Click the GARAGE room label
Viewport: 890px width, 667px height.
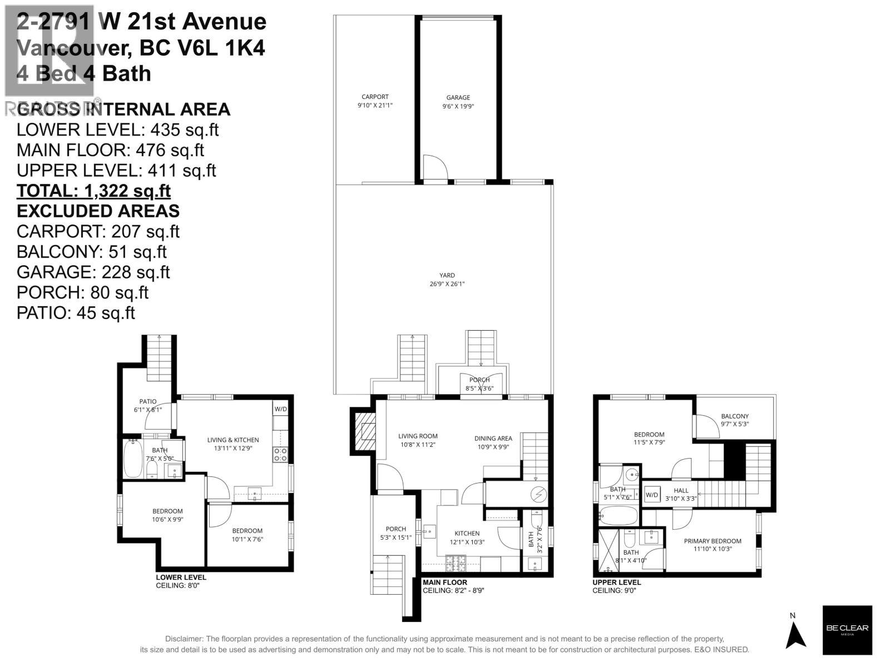(458, 97)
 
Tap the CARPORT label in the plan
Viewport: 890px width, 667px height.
(375, 97)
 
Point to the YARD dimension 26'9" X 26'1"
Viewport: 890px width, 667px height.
(447, 283)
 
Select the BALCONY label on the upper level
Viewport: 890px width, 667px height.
(734, 416)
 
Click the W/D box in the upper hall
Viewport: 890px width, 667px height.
(651, 495)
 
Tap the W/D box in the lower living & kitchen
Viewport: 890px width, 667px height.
(280, 409)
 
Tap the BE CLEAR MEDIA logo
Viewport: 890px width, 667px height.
(847, 630)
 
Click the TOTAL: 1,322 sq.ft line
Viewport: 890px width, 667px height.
(93, 191)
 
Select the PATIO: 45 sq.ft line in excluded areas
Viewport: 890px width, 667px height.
(76, 312)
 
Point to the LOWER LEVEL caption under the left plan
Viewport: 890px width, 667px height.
(181, 578)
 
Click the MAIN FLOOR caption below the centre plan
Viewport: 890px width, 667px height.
(444, 582)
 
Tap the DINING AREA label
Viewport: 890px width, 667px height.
(493, 438)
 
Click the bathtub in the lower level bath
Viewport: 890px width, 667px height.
(132, 459)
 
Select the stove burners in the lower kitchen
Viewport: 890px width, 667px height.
(280, 455)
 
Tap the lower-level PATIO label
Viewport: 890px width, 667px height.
(147, 401)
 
